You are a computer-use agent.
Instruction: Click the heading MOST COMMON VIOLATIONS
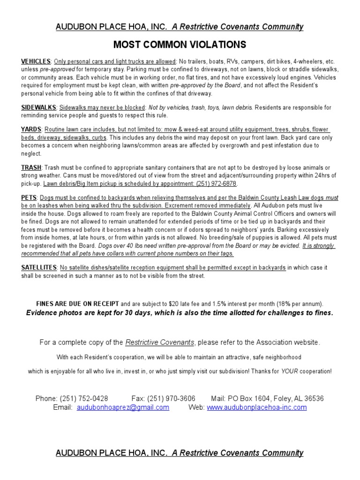coord(180,45)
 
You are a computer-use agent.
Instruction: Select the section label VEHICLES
coord(36,61)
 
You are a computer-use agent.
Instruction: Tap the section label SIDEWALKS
coord(39,107)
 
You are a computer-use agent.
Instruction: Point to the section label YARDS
coord(31,129)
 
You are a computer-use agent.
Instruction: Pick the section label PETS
coord(30,198)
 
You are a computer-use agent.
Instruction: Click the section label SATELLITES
coord(39,268)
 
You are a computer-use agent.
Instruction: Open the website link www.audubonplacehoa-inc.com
coord(256,407)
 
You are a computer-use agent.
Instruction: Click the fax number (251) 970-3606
coord(171,398)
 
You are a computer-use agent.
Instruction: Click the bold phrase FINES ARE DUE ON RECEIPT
coord(77,303)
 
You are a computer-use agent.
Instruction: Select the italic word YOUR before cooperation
coord(289,371)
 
